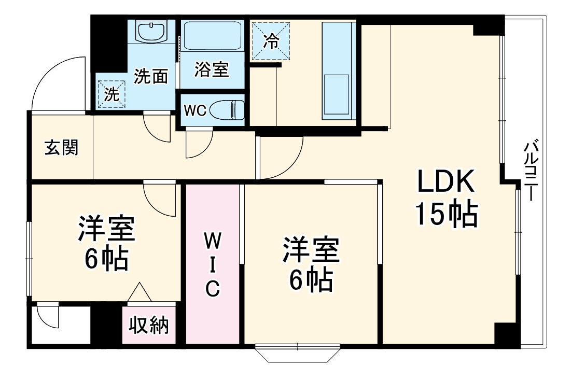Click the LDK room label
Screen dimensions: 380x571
[x=445, y=183]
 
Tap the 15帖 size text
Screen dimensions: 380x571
[x=445, y=214]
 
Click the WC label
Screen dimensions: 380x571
[x=196, y=110]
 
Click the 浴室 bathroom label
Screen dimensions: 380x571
[x=212, y=69]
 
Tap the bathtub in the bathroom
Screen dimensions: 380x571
[x=212, y=36]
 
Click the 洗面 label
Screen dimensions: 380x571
[x=151, y=76]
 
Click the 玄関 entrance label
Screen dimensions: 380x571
[x=61, y=148]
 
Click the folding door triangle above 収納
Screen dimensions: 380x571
[x=140, y=293]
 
